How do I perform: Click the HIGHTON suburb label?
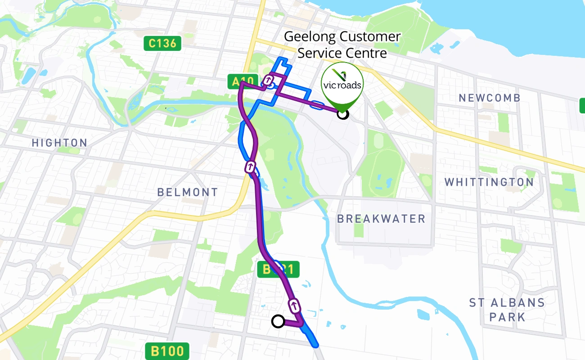(x=59, y=143)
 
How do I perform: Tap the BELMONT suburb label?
(x=188, y=192)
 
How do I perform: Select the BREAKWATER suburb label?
(x=381, y=219)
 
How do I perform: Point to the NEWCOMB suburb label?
(x=489, y=98)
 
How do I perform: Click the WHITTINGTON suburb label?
(x=489, y=182)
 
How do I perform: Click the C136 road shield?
(x=162, y=44)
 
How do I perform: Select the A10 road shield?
(x=243, y=81)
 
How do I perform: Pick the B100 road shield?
(x=167, y=351)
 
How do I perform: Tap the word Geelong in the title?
(x=310, y=36)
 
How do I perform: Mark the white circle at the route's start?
(x=278, y=321)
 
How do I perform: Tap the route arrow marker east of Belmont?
(x=250, y=167)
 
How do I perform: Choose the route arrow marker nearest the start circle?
(x=294, y=305)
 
